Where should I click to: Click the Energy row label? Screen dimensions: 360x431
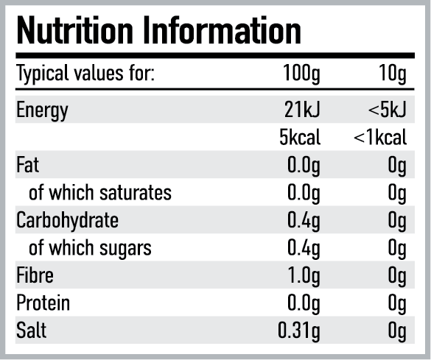pyautogui.click(x=42, y=110)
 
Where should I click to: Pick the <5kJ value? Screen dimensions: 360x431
pyautogui.click(x=388, y=110)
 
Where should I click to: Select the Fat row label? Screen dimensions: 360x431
pyautogui.click(x=27, y=165)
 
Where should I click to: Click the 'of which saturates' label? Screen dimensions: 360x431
pyautogui.click(x=99, y=193)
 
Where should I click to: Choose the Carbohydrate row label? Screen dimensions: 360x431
pyautogui.click(x=67, y=220)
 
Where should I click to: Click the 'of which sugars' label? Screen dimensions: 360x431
pyautogui.click(x=90, y=248)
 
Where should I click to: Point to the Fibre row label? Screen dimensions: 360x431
pyautogui.click(x=35, y=275)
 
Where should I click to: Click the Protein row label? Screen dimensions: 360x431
pyautogui.click(x=43, y=303)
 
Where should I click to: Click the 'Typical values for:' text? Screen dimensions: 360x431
pyautogui.click(x=84, y=75)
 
